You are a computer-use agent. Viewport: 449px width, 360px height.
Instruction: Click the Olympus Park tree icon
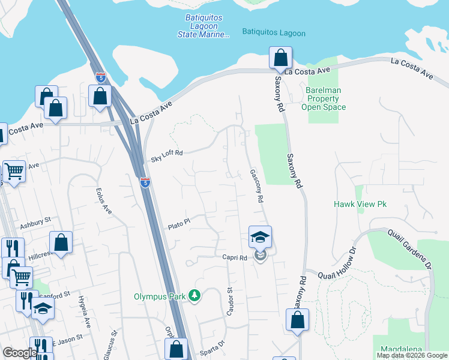coord(194,295)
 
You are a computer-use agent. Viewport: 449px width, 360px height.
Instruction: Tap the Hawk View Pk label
coord(360,205)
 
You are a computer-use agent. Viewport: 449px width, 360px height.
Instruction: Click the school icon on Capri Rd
coord(260,238)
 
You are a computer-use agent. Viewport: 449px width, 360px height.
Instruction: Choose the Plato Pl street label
coord(179,223)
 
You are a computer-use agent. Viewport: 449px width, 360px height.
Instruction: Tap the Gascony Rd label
coord(257,185)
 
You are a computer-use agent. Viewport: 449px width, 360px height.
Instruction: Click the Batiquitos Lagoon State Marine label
coord(203,27)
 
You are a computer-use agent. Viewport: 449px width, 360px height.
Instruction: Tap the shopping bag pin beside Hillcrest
coord(61,242)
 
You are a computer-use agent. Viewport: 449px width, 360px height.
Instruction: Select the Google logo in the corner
coord(19,353)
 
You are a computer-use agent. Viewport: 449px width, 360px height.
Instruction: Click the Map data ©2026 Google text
coord(412,355)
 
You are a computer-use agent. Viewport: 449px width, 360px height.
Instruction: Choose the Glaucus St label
coord(112,341)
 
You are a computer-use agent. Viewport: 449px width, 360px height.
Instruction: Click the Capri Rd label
coord(235,258)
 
